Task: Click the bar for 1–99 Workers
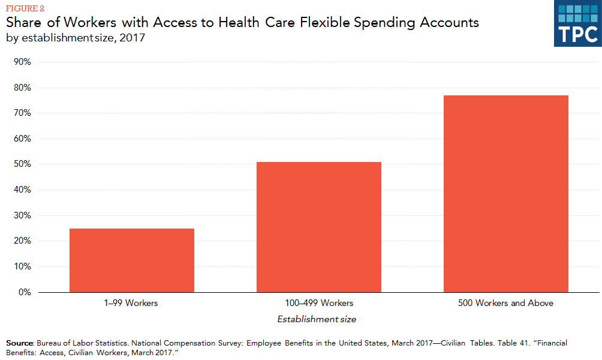coord(132,260)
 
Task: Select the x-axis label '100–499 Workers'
coord(318,304)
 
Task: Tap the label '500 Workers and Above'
coord(505,304)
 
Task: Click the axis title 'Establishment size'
coord(317,319)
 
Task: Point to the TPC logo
coord(577,23)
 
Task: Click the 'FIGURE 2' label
coord(26,8)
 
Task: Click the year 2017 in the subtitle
coord(134,37)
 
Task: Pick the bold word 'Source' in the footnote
coord(19,343)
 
